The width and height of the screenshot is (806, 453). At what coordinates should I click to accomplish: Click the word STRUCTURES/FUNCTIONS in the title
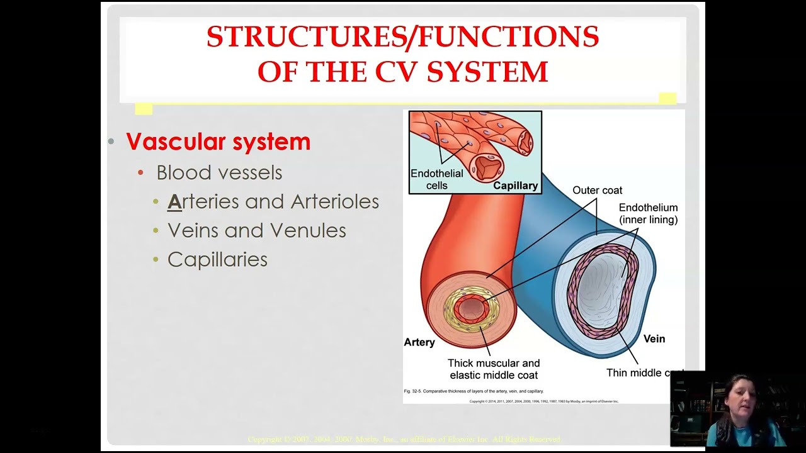pyautogui.click(x=402, y=37)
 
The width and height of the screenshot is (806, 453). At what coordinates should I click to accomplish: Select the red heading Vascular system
pyautogui.click(x=219, y=142)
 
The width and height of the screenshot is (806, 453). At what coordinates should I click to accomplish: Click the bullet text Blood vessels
pyautogui.click(x=219, y=172)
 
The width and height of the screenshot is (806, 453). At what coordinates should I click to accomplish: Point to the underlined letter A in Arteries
pyautogui.click(x=174, y=202)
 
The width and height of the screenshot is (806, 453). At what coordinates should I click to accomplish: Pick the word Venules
pyautogui.click(x=309, y=231)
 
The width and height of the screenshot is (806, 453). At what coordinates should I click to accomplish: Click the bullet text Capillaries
pyautogui.click(x=217, y=260)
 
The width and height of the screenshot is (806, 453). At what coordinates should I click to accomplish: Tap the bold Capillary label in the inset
pyautogui.click(x=515, y=186)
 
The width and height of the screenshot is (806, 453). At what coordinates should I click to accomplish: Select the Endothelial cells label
pyautogui.click(x=436, y=179)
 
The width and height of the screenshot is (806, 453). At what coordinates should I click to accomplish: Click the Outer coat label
pyautogui.click(x=597, y=191)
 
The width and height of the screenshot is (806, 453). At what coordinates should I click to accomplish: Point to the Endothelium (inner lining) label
pyautogui.click(x=648, y=213)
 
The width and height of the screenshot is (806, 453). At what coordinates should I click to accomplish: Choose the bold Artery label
pyautogui.click(x=419, y=342)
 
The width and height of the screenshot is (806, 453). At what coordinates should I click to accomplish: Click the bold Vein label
pyautogui.click(x=654, y=338)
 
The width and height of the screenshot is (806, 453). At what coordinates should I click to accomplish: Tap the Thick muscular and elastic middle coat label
pyautogui.click(x=494, y=369)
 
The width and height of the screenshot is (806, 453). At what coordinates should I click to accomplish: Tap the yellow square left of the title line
pyautogui.click(x=144, y=109)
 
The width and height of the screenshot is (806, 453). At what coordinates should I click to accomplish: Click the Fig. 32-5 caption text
pyautogui.click(x=474, y=391)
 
